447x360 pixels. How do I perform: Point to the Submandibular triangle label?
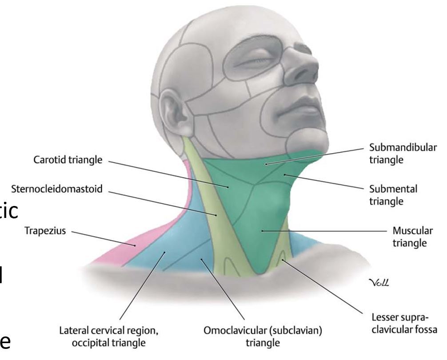(x=403, y=154)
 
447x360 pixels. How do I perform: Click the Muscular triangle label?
(x=409, y=237)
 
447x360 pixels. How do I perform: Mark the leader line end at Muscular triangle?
(x=263, y=230)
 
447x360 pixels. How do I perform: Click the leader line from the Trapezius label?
(x=102, y=238)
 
